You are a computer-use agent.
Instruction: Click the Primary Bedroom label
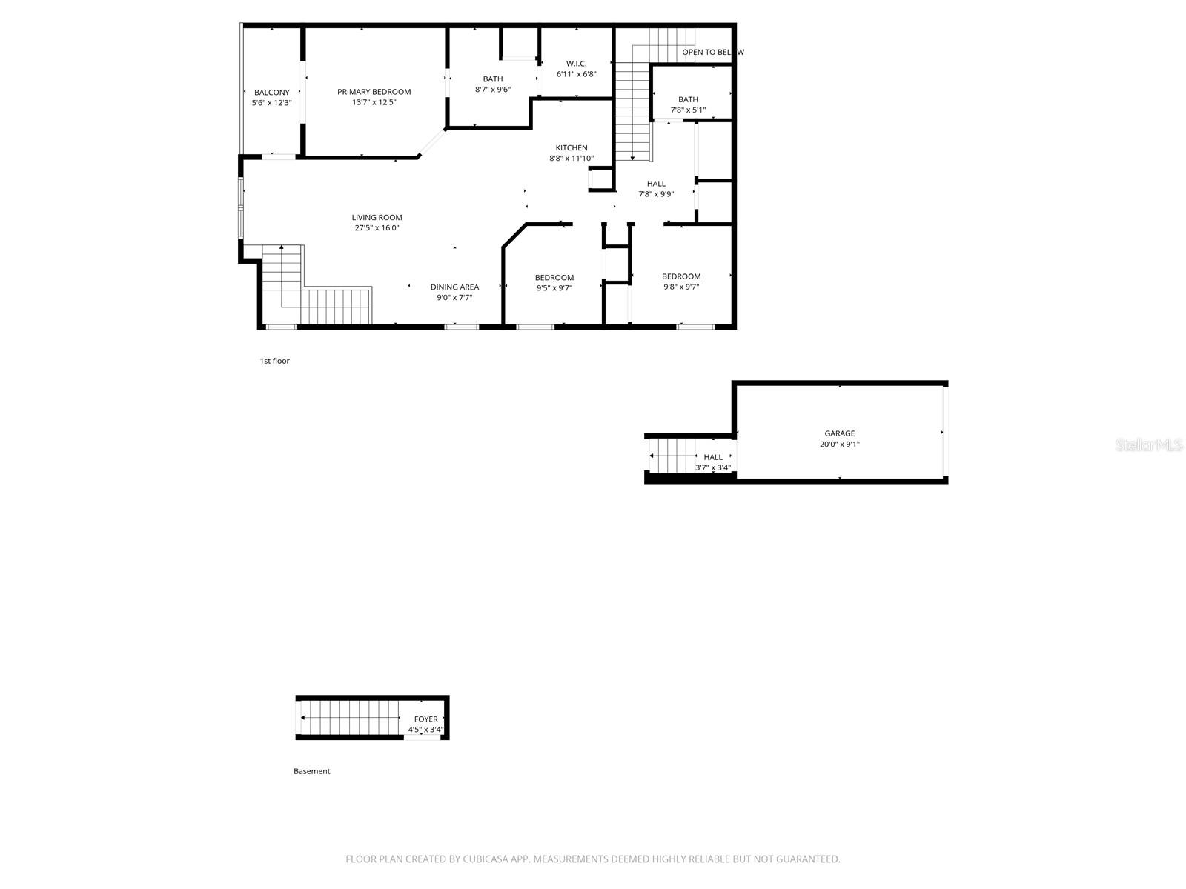(x=374, y=92)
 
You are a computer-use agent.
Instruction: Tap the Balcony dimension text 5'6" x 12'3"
(x=271, y=103)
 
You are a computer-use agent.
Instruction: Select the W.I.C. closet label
(x=576, y=64)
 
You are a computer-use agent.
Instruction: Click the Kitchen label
(x=572, y=148)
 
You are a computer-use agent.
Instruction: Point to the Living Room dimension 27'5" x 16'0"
(x=377, y=228)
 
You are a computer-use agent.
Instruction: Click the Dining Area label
(x=454, y=287)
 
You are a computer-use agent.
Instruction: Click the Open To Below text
(x=712, y=52)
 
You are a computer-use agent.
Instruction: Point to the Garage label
(x=840, y=433)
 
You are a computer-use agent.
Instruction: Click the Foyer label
(x=425, y=719)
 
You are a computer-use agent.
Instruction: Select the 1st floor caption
(x=274, y=361)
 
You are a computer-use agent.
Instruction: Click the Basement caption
(x=311, y=771)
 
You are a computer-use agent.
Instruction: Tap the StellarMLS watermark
(x=1150, y=445)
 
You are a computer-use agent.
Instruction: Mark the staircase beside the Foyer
(x=351, y=717)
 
